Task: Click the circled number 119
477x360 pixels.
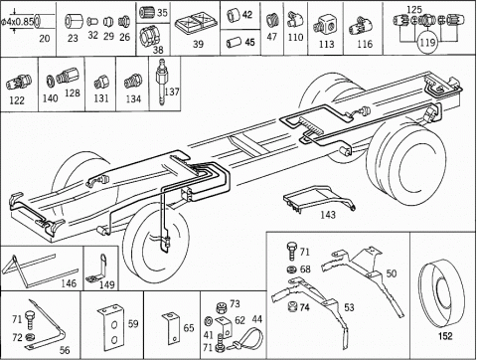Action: coord(427,43)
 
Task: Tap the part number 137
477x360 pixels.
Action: coord(172,91)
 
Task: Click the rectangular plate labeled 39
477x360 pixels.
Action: coord(196,22)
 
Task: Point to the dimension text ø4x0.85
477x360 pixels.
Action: coord(17,22)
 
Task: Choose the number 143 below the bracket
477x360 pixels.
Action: coord(328,215)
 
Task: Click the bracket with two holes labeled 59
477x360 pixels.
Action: coord(110,328)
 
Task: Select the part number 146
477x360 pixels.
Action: coord(69,283)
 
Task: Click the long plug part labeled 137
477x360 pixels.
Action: coord(161,82)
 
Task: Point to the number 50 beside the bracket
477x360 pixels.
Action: coord(392,273)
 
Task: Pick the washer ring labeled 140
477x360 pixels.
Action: coord(51,81)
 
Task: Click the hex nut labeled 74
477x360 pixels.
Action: coord(292,306)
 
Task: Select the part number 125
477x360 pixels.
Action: coord(414,10)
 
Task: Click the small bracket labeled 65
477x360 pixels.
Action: coord(172,328)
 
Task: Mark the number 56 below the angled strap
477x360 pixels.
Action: coord(65,350)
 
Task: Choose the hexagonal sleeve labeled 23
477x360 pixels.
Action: coord(73,22)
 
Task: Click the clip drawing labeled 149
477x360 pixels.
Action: coord(98,270)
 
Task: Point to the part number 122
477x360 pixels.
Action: coord(17,100)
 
